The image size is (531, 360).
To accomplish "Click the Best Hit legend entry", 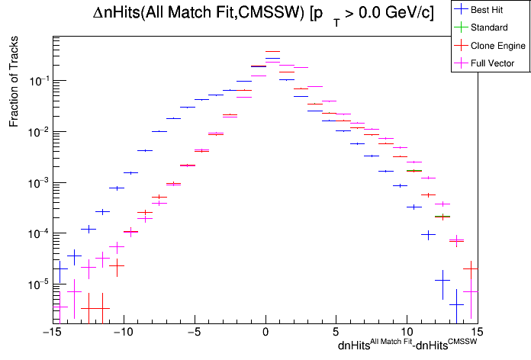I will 488,10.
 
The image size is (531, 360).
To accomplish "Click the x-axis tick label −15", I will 50,333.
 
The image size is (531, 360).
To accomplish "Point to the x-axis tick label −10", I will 121,333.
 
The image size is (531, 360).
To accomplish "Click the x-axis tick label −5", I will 194,333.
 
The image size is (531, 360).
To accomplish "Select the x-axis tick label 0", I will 265,333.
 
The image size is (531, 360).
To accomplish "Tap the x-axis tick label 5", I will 336,333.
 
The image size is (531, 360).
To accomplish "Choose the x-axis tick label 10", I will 407,333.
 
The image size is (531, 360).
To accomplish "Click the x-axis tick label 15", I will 478,333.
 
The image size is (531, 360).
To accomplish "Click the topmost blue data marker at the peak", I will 272,52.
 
